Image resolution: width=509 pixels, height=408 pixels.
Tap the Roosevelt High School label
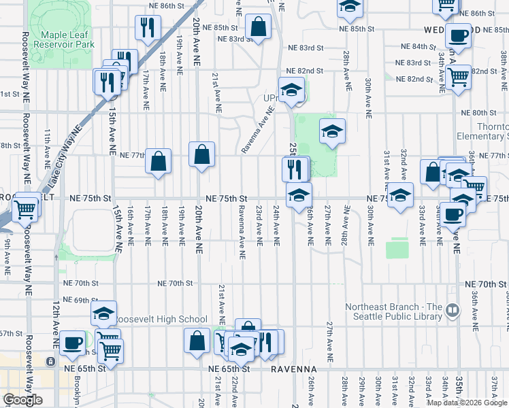tap(160, 319)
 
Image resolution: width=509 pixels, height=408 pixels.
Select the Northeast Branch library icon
tap(452, 311)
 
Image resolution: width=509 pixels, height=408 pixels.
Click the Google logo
tap(22, 400)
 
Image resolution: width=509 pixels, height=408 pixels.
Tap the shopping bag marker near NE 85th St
tap(258, 28)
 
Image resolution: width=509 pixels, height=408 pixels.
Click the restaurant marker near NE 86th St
tap(147, 27)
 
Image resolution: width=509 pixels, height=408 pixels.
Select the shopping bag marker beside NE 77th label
tap(158, 162)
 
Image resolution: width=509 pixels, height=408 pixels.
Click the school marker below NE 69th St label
tap(103, 313)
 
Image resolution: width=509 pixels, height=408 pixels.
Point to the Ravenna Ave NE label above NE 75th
tap(256, 133)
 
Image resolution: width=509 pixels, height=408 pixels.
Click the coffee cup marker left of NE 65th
tap(73, 343)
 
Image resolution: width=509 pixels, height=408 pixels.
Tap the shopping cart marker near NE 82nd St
tap(458, 77)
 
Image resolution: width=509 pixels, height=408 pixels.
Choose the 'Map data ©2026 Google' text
tap(467, 403)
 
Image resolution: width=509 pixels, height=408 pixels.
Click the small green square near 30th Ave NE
tap(397, 249)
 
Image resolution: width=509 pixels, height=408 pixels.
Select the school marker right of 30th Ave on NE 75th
tap(400, 196)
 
